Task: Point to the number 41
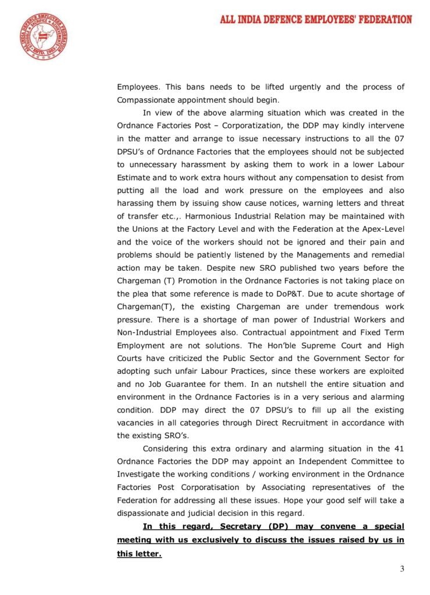[398, 448]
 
